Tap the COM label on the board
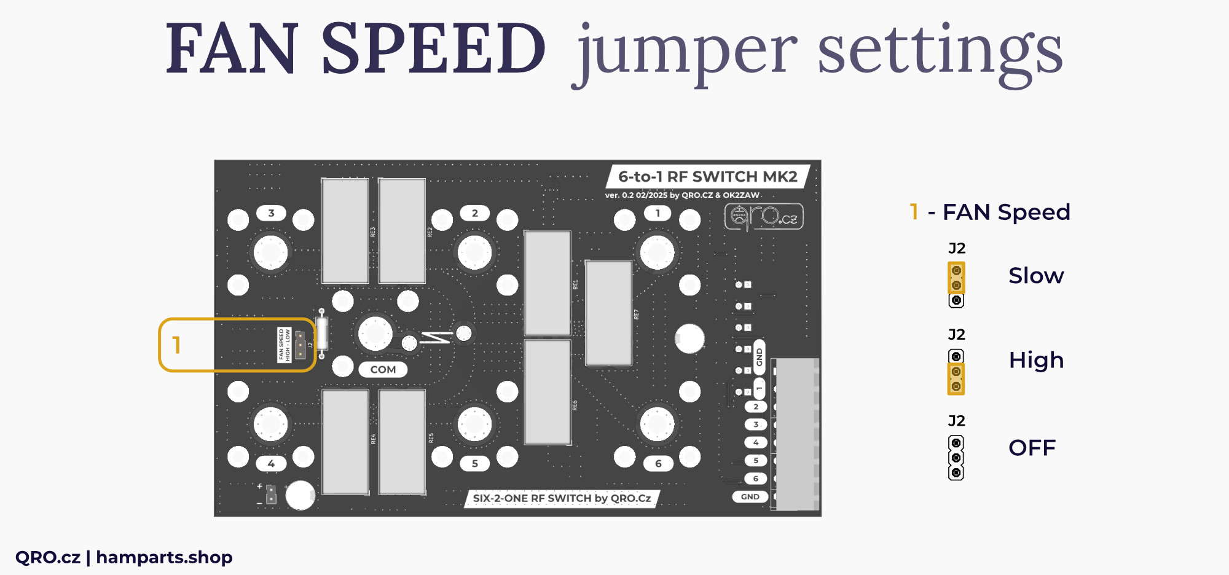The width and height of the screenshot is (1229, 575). coord(383,369)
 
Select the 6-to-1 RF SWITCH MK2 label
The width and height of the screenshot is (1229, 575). coord(707,177)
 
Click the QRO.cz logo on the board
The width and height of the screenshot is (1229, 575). coord(764,216)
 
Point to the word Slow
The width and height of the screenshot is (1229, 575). coord(1036,276)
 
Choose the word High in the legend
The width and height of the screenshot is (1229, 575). coord(1036,360)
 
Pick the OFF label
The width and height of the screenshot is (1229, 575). coord(1032,448)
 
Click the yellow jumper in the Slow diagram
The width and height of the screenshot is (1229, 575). coord(956,278)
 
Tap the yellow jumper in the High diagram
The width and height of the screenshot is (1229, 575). coord(956,379)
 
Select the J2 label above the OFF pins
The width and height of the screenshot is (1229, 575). coord(956,421)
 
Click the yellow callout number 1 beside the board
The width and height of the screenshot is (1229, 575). coord(176,345)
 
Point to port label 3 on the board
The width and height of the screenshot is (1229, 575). coord(271,213)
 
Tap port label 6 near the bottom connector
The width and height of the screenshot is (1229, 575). coord(658,463)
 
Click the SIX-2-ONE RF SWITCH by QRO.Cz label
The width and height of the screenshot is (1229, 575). coord(562,498)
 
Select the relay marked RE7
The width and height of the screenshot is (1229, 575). coord(608,313)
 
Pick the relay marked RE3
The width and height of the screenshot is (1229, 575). coord(345,231)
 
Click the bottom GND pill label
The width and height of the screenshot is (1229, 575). coord(750,496)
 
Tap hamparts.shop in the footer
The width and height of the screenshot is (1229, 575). coord(164,557)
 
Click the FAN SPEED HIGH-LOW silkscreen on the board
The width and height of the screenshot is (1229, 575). coord(284,345)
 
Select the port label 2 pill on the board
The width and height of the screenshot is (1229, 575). coord(474,213)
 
